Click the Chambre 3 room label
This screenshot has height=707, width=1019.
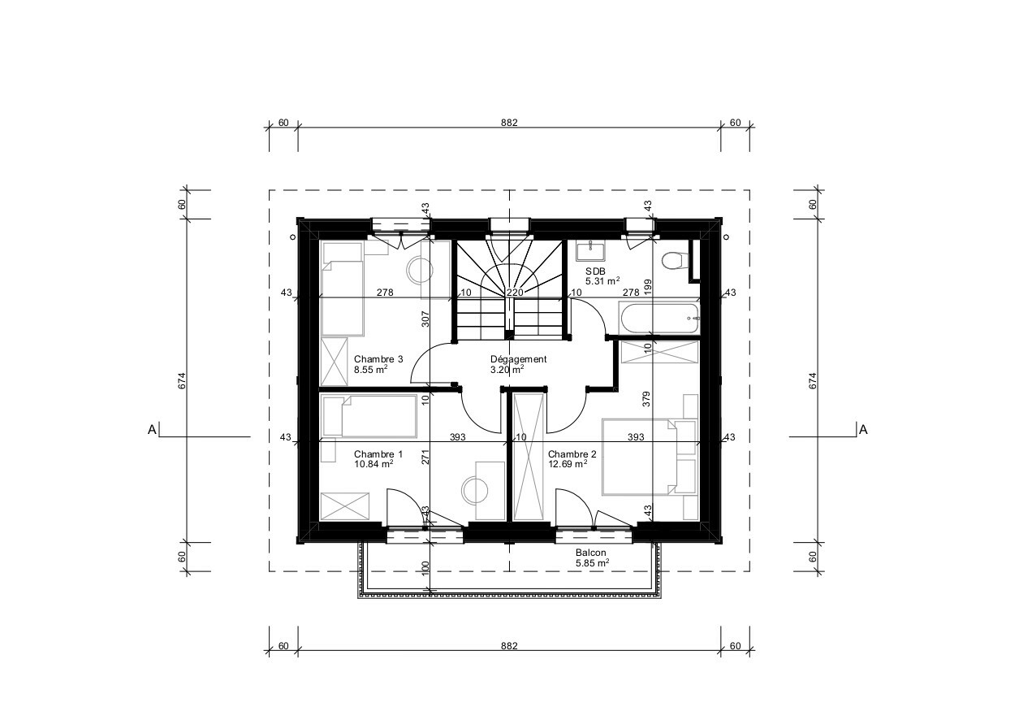[378, 359]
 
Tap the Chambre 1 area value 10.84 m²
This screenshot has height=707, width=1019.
[373, 464]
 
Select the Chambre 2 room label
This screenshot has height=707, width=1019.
[572, 454]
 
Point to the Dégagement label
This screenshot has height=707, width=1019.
[518, 358]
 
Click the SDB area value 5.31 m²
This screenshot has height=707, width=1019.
[602, 281]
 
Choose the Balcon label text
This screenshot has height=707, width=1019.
[590, 552]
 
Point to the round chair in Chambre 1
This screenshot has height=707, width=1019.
[476, 490]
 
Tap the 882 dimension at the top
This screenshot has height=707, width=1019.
[509, 123]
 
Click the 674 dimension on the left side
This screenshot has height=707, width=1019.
[182, 380]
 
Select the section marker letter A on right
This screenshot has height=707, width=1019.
[863, 430]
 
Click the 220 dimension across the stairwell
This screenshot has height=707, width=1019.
[514, 293]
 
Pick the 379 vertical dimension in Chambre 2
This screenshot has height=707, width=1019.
[646, 398]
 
